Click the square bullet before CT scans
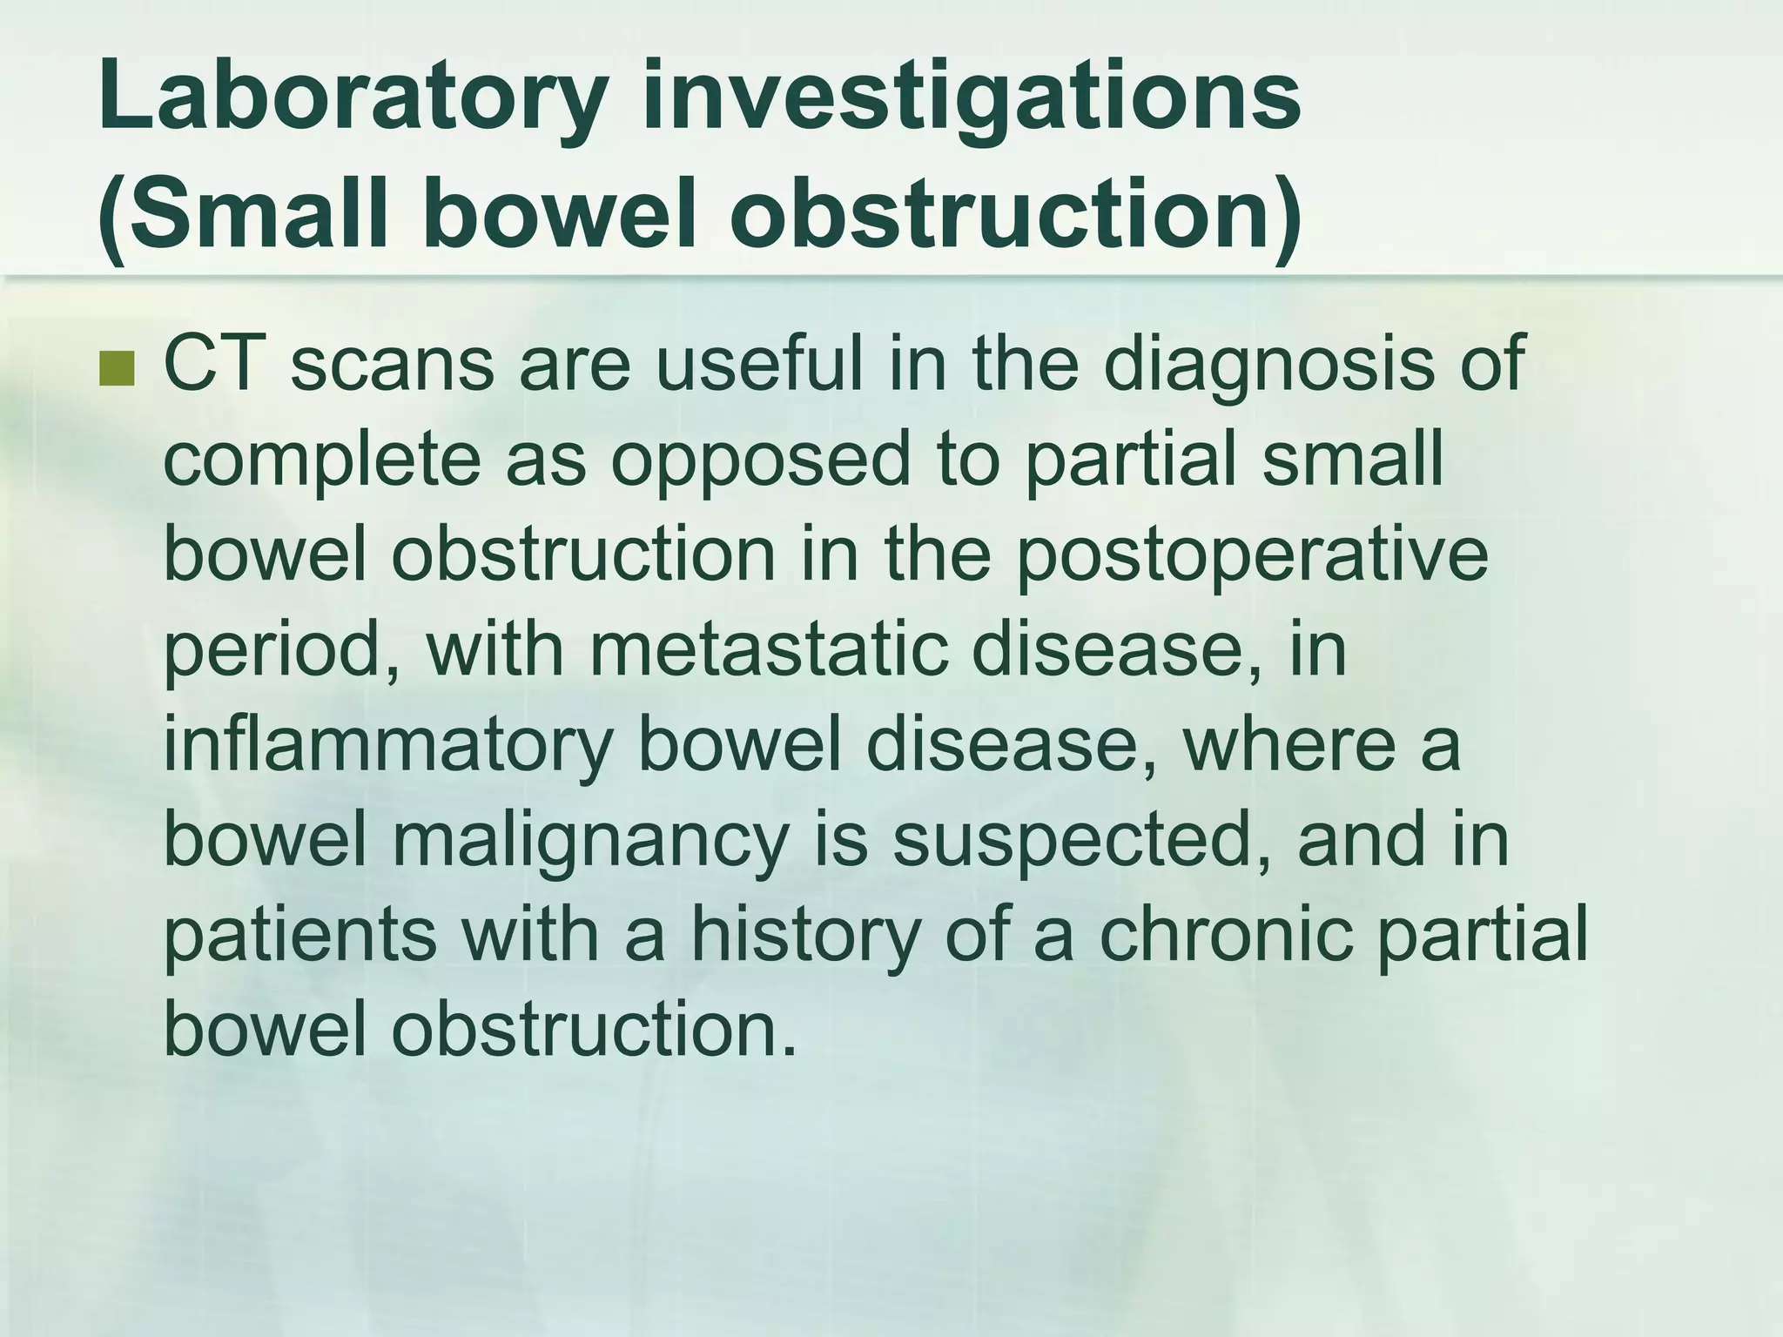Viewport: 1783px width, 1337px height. (118, 369)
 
